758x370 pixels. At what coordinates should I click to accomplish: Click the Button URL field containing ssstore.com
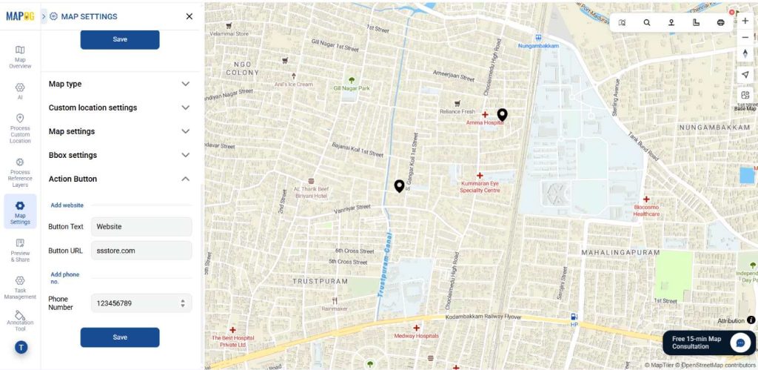tap(141, 251)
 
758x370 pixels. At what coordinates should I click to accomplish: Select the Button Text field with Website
tap(141, 227)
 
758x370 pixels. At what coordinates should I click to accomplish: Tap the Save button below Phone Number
tap(120, 337)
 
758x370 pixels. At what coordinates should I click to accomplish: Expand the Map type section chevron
tap(186, 84)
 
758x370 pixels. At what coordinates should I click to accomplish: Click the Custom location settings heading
tap(93, 108)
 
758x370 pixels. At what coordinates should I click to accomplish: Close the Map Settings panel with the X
tap(189, 16)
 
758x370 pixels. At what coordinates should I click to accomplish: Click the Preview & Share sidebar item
tap(20, 250)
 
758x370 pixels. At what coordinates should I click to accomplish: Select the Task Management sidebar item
tap(20, 288)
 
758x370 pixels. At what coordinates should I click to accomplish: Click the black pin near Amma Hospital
tap(502, 114)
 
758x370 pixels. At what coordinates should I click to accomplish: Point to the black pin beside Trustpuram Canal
tap(399, 185)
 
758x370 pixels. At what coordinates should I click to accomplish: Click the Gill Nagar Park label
tap(352, 87)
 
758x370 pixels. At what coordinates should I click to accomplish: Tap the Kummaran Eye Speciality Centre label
tap(480, 185)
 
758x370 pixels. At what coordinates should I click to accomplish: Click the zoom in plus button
tap(745, 21)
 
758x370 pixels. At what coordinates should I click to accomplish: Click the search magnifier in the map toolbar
tap(647, 22)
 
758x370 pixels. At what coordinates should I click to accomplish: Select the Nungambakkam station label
tap(539, 44)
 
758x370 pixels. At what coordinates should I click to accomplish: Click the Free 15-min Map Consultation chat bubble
tap(740, 343)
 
